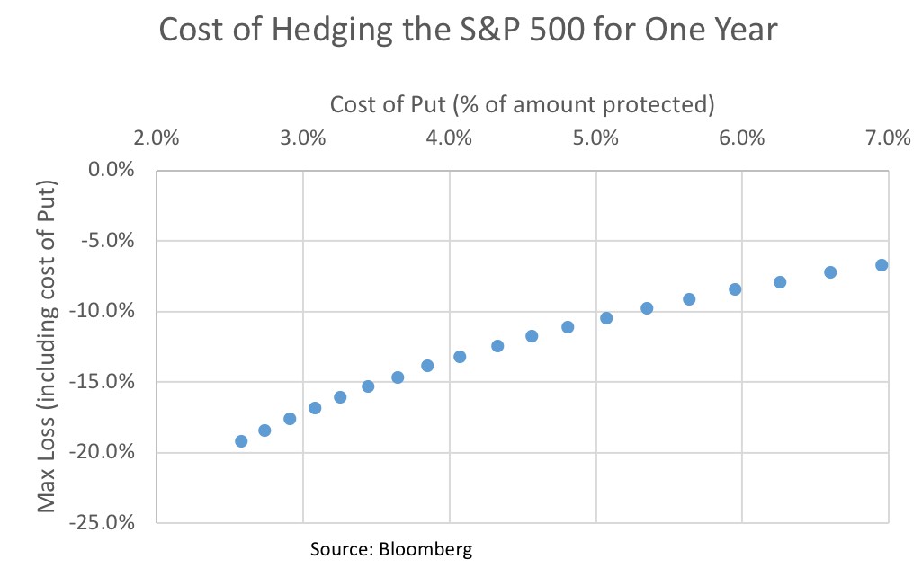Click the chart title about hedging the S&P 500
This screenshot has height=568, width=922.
(x=467, y=30)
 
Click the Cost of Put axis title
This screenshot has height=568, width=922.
(x=522, y=104)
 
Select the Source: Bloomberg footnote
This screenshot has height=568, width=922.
(x=390, y=548)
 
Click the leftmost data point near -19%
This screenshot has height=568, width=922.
(x=241, y=441)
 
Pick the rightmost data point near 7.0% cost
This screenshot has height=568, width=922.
(x=882, y=265)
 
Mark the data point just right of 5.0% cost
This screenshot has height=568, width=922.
(x=606, y=318)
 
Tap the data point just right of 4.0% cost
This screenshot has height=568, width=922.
(x=460, y=357)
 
